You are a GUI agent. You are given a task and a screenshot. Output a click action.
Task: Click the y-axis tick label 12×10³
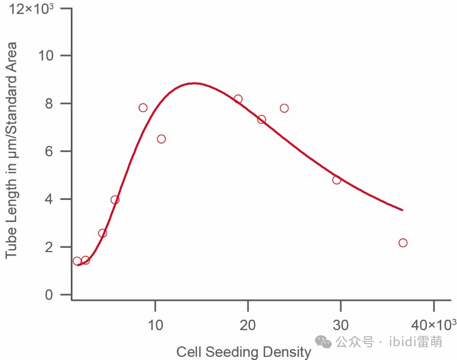click(32, 9)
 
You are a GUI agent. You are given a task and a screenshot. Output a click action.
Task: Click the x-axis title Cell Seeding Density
click(244, 352)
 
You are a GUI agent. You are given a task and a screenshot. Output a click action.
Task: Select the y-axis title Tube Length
click(11, 151)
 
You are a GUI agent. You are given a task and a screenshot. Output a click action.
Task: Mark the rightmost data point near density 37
click(403, 243)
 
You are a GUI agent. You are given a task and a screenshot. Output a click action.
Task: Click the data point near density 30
click(337, 180)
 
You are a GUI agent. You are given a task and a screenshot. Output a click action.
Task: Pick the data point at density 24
click(284, 108)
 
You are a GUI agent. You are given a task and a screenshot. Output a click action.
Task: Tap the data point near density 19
click(238, 99)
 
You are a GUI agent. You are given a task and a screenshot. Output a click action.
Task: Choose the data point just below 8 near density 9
click(143, 108)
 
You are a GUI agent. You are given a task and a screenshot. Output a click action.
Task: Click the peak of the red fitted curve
click(194, 83)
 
